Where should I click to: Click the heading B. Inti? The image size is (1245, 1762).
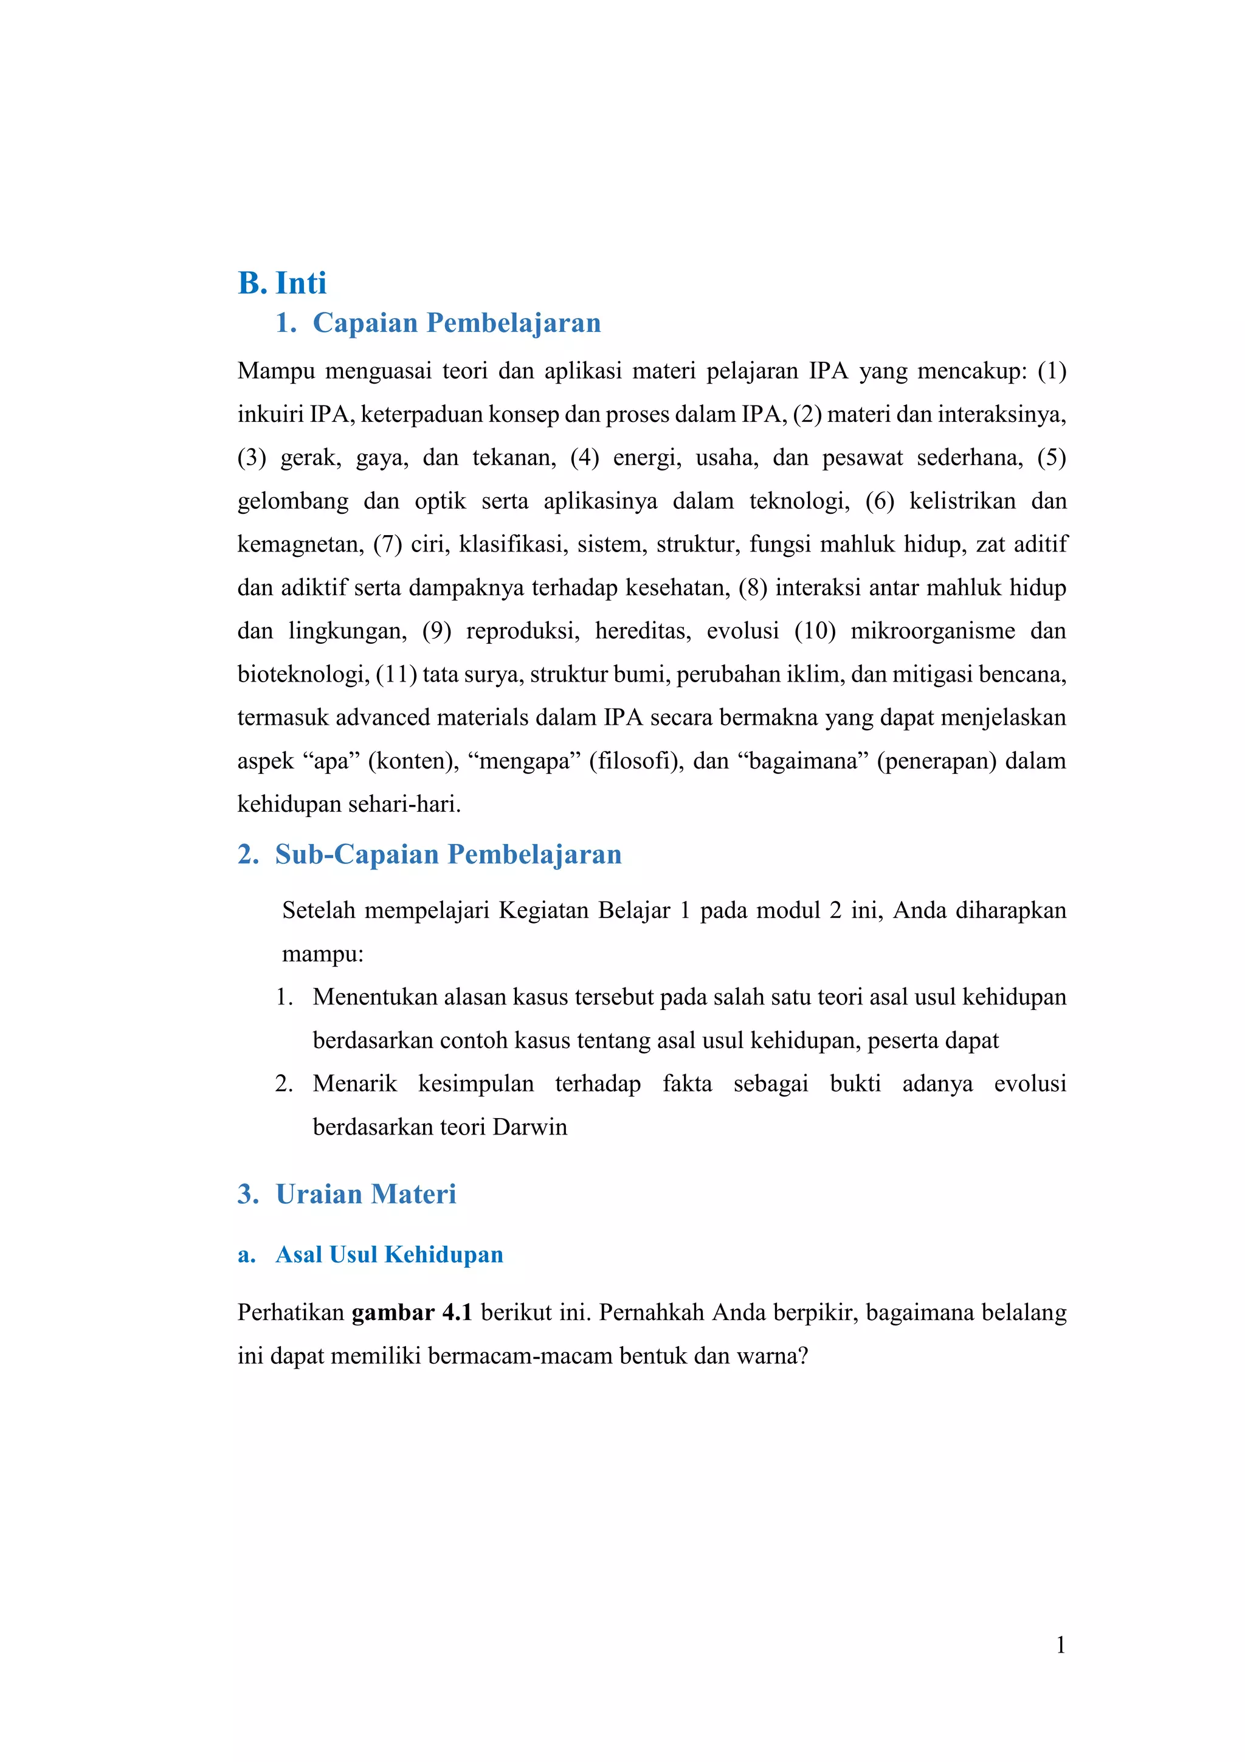(x=281, y=283)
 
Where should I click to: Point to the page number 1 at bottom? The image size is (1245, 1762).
(x=1060, y=1645)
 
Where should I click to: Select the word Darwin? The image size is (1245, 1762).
(x=529, y=1127)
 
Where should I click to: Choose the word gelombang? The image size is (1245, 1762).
(x=292, y=501)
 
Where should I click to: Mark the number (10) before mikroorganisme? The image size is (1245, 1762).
(x=815, y=631)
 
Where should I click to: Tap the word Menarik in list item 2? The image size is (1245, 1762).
(x=354, y=1083)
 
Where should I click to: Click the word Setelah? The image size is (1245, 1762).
(x=319, y=911)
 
